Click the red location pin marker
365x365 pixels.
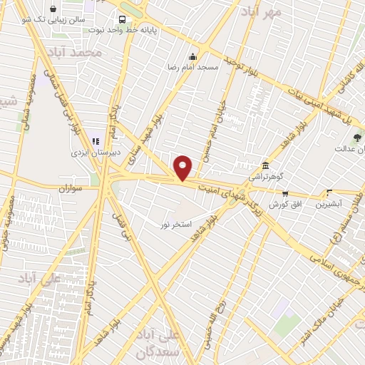tap(183, 168)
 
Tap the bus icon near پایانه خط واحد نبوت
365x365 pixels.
tap(124, 19)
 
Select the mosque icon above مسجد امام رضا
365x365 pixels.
tap(192, 57)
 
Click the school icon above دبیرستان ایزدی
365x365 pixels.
tap(96, 141)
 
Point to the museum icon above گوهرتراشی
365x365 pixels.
tap(265, 165)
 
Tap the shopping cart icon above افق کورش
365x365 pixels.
tap(285, 193)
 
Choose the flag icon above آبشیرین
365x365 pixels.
tap(329, 192)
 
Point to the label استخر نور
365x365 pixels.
tap(175, 224)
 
